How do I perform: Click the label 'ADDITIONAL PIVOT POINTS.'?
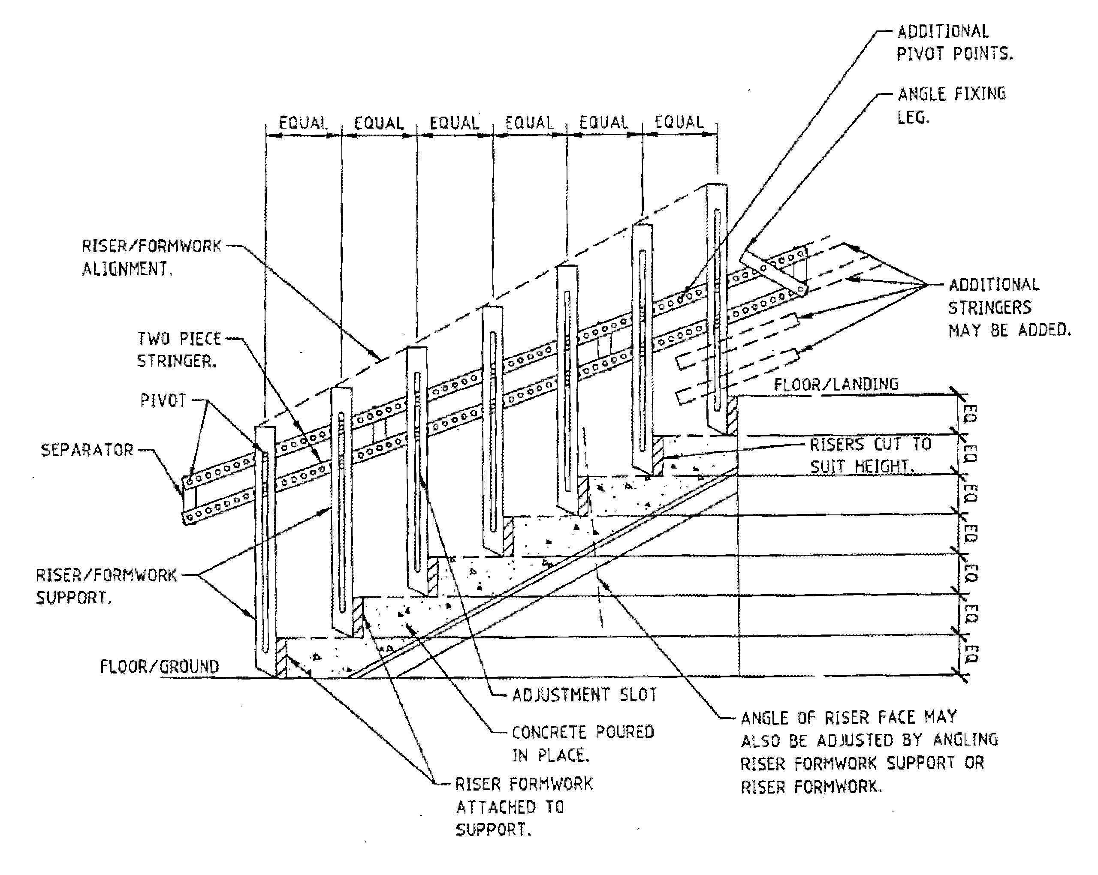click(x=954, y=43)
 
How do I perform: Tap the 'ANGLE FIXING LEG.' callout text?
click(x=951, y=105)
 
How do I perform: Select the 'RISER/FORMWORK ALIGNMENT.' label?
click(x=151, y=258)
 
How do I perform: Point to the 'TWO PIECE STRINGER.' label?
click(x=179, y=350)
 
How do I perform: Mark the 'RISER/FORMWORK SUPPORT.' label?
click(x=106, y=586)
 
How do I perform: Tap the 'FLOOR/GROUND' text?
click(x=160, y=667)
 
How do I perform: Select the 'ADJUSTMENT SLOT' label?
click(x=584, y=695)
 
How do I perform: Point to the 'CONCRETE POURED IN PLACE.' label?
click(x=582, y=744)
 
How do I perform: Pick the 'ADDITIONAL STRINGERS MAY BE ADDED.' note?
click(x=1008, y=307)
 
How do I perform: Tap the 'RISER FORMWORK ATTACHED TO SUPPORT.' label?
click(x=524, y=807)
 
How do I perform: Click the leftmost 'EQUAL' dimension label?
click(x=303, y=123)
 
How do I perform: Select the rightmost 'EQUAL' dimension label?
click(x=679, y=122)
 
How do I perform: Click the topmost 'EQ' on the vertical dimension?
click(x=970, y=414)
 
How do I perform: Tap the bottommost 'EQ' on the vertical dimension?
click(x=971, y=655)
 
